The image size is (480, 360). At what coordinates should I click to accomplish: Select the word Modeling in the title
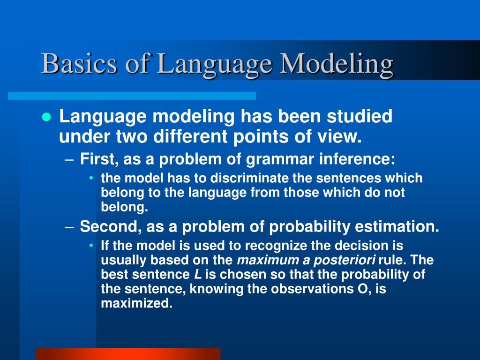point(337,64)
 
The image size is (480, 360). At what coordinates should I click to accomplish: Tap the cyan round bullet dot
point(46,117)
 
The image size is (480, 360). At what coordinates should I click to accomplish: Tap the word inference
point(357,159)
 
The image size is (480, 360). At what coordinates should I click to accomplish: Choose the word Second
point(111,227)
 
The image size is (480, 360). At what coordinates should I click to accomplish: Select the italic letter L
point(198,275)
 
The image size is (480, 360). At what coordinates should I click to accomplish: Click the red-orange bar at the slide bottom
point(127,353)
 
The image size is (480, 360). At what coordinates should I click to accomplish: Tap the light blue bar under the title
point(132,96)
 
